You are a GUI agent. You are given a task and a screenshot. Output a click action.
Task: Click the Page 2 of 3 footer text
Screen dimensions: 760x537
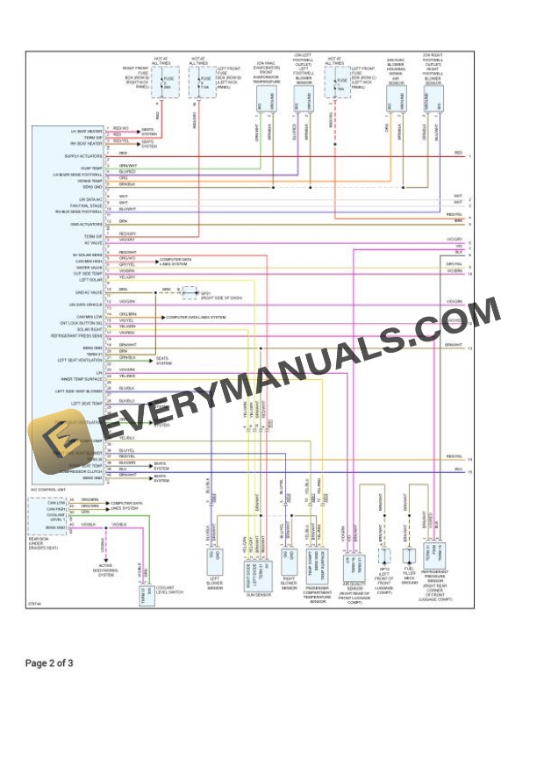point(49,663)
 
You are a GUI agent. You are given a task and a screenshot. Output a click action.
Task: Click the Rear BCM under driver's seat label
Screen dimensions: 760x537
point(44,538)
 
